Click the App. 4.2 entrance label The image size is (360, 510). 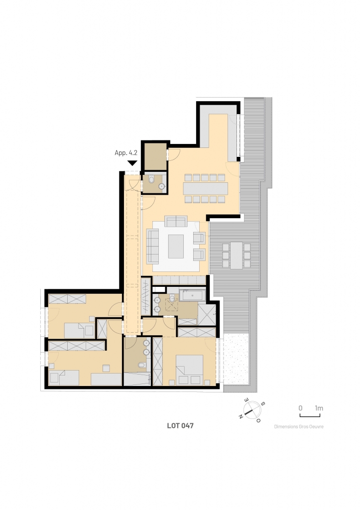pos(126,152)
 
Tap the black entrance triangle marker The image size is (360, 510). pos(132,163)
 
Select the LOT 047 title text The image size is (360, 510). pos(180,425)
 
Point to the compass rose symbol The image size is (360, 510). pos(252,410)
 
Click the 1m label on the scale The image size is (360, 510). pos(319,408)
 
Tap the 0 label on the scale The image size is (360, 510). pos(300,408)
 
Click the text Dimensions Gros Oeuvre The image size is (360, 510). pos(299,426)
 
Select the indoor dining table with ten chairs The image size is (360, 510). pos(205,188)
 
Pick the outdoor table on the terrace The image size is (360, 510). pos(237,255)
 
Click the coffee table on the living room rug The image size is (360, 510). pos(176,246)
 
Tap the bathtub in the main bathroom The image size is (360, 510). pos(192,295)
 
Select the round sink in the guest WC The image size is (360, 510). pos(162,186)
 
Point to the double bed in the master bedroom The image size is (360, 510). pos(189,370)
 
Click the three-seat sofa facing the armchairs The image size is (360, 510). pos(152,246)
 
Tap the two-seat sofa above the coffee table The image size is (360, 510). pos(176,221)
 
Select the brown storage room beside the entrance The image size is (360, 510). pos(155,156)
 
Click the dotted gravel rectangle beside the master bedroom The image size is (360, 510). pos(236,358)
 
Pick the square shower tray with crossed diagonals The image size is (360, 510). pos(207,314)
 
